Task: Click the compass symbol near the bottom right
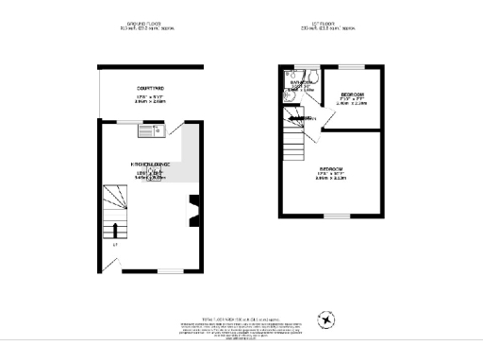click(x=327, y=319)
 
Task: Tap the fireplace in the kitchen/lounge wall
click(x=195, y=211)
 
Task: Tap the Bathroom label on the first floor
click(x=302, y=83)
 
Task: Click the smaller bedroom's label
click(x=353, y=96)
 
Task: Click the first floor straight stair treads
click(x=295, y=142)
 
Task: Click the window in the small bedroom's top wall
click(x=353, y=67)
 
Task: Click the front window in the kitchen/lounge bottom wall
click(x=169, y=270)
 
